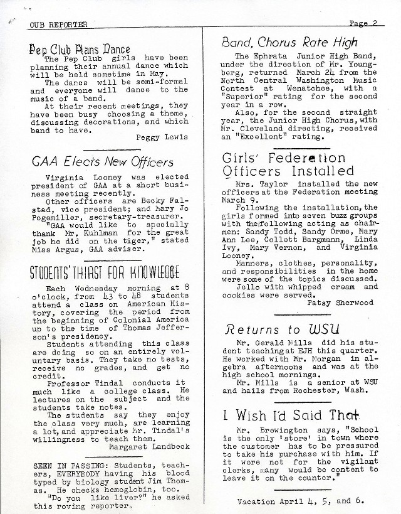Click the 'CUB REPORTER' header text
(59, 24)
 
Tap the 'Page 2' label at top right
(367, 23)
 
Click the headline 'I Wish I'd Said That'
(290, 415)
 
